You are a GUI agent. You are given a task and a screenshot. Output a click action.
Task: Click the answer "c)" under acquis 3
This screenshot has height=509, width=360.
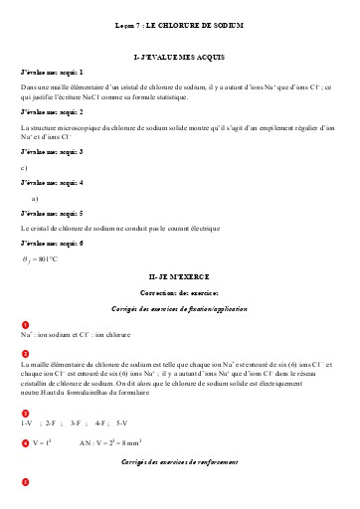[24, 167]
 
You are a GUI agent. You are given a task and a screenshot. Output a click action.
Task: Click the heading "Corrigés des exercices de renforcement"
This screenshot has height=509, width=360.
[179, 463]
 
